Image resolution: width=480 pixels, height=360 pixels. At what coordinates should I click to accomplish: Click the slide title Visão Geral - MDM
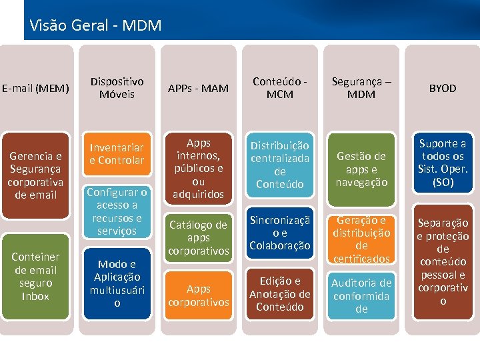tap(95, 26)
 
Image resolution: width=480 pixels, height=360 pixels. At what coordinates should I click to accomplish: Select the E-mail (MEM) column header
tap(35, 88)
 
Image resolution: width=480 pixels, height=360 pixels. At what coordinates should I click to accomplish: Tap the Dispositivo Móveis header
tap(117, 88)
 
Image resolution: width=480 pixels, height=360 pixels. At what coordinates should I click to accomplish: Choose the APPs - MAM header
tap(198, 88)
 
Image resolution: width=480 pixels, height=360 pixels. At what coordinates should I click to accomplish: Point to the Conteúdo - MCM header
tap(280, 88)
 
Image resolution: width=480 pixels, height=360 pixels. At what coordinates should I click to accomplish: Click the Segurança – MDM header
tap(361, 88)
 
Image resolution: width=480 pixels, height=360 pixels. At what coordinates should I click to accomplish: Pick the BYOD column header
tap(443, 88)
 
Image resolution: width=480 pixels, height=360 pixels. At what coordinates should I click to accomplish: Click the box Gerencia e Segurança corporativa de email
tap(35, 175)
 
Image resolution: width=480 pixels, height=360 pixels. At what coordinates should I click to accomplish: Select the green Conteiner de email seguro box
tap(35, 276)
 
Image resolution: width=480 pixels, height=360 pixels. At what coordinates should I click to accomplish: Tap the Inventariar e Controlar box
tap(117, 153)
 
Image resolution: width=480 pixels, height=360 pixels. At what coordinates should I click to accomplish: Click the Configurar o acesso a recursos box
tap(117, 211)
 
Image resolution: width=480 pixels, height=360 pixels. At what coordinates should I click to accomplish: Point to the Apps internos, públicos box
tap(198, 169)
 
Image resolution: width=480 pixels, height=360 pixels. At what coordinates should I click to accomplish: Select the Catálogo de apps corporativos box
tap(198, 237)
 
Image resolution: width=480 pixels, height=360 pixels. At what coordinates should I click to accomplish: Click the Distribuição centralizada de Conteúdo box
tap(280, 164)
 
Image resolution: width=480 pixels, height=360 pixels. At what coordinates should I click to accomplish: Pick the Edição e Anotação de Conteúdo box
tap(280, 293)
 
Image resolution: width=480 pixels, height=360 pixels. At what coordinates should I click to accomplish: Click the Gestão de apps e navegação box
tap(361, 169)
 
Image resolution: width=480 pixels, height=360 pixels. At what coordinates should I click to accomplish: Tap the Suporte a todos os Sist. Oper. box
tap(443, 163)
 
